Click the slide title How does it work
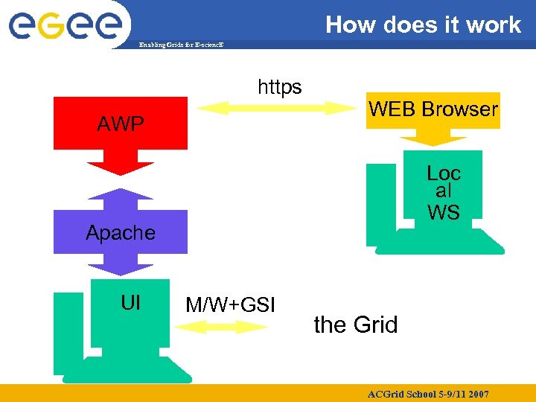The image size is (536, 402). pyautogui.click(x=422, y=25)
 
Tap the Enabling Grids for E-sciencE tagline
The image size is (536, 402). pyautogui.click(x=181, y=45)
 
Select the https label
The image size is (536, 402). pyautogui.click(x=280, y=88)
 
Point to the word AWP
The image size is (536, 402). pyautogui.click(x=121, y=124)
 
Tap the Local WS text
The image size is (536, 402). pyautogui.click(x=444, y=193)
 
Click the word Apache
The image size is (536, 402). pyautogui.click(x=121, y=233)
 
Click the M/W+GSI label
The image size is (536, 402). pyautogui.click(x=230, y=304)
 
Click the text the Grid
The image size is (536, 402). pyautogui.click(x=356, y=325)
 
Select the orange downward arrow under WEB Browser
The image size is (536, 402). pyautogui.click(x=433, y=137)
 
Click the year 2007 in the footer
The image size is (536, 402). pyautogui.click(x=478, y=393)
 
